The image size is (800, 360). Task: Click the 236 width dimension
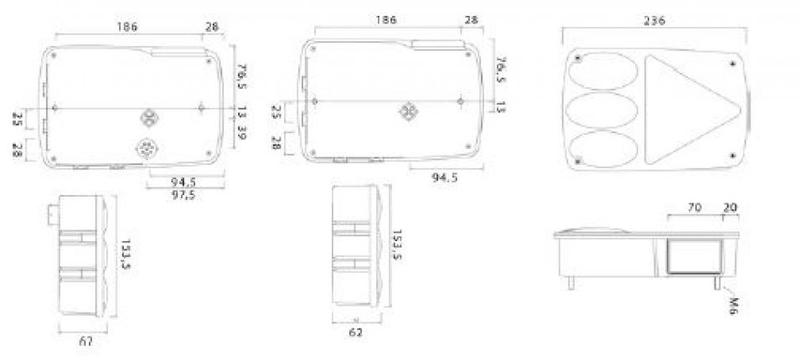[x=656, y=21]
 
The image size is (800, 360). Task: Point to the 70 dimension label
[x=694, y=205]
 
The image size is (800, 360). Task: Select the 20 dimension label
[x=730, y=205]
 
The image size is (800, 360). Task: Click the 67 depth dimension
[x=85, y=341]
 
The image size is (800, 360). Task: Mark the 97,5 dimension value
[x=184, y=195]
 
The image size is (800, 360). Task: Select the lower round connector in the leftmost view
[x=147, y=146]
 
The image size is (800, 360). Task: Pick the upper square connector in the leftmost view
[x=147, y=116]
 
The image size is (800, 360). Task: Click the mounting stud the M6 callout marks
[x=719, y=282]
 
